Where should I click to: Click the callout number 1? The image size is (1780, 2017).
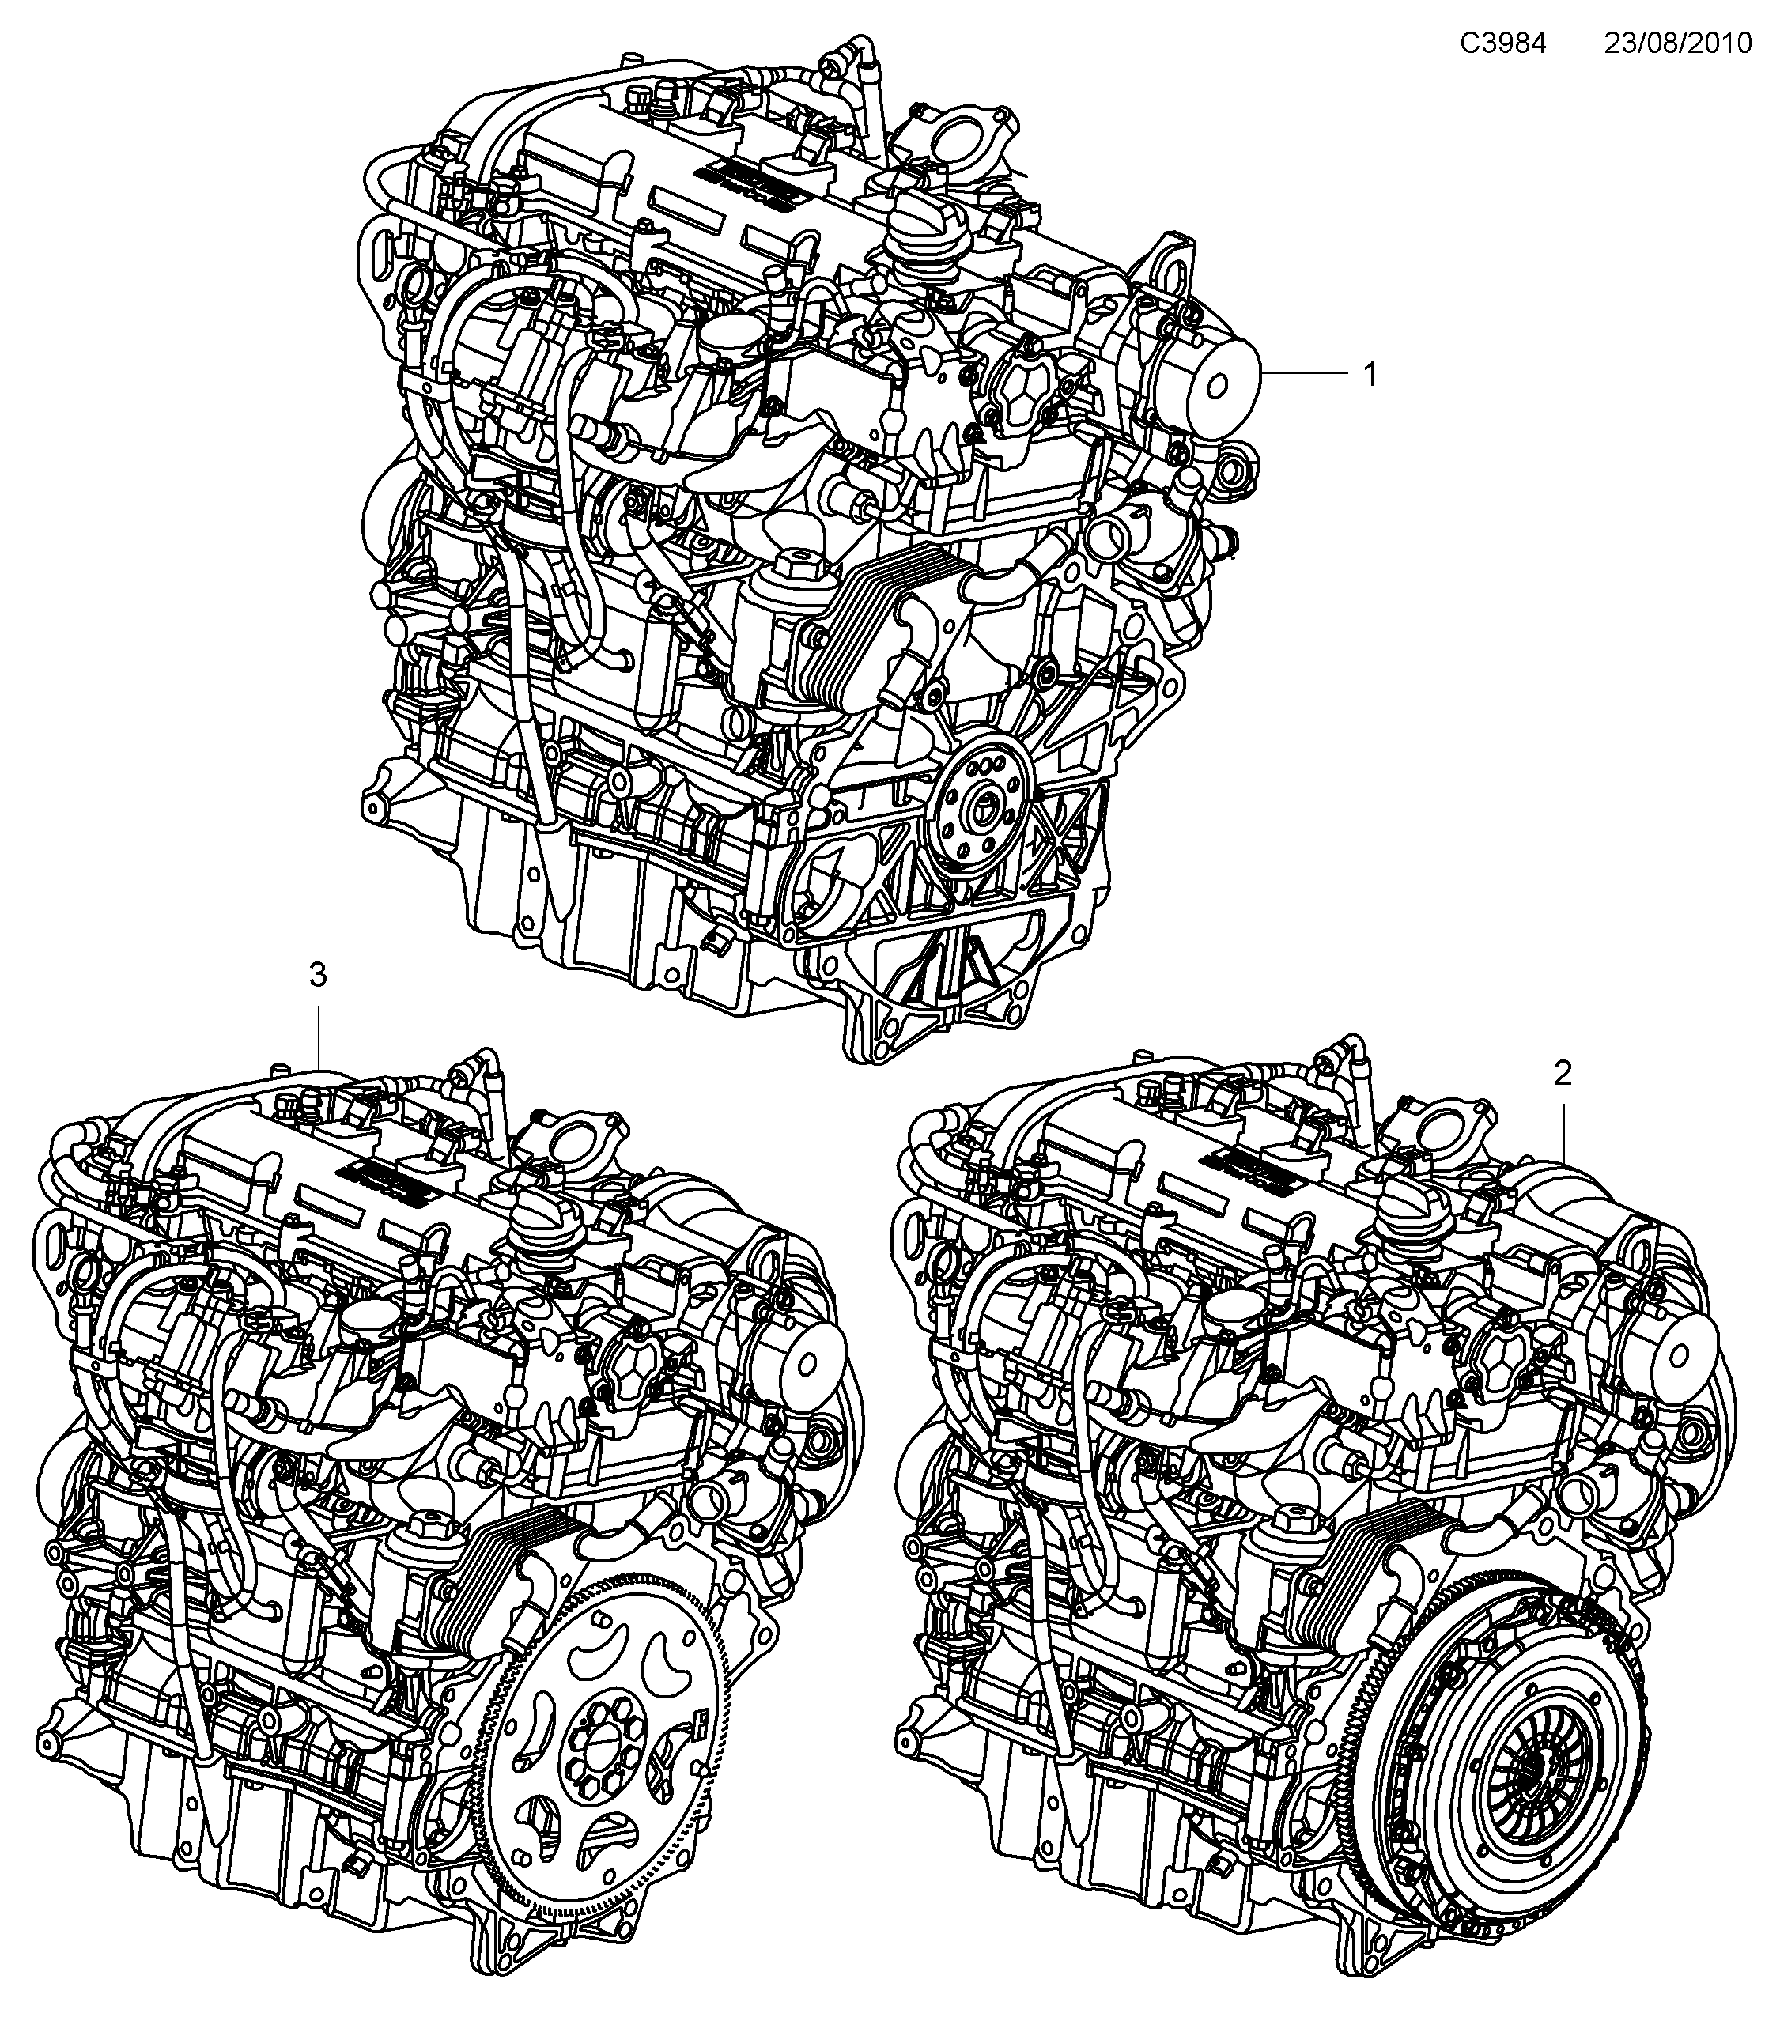(x=1370, y=375)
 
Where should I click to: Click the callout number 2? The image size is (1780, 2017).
(x=1562, y=1073)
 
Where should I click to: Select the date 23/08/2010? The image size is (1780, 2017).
(x=1677, y=43)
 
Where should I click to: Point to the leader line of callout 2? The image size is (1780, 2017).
(x=1564, y=1125)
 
